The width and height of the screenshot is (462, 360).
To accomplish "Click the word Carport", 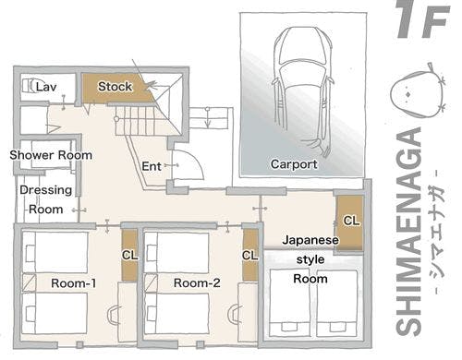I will point(294,164).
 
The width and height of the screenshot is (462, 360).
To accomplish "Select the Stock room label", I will point(115,87).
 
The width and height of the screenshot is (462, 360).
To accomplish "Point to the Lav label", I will point(47,86).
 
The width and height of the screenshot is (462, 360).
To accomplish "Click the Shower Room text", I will point(51,156).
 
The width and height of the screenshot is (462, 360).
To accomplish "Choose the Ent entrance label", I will point(153,167).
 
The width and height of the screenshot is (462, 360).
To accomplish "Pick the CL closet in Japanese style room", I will point(351,222).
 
